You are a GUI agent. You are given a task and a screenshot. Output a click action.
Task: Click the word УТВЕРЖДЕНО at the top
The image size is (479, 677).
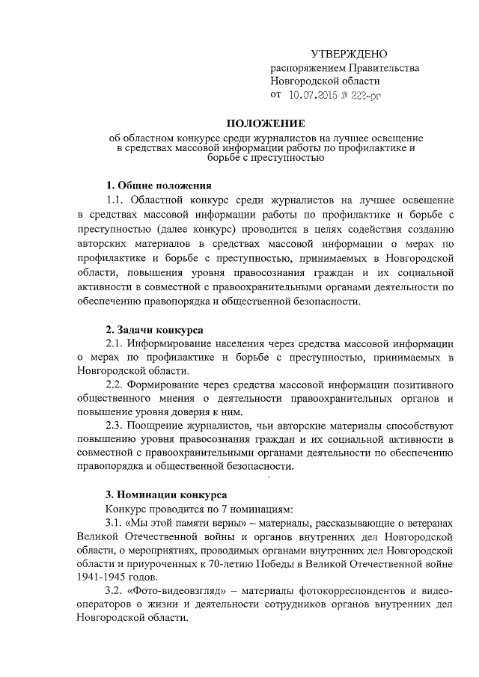350,54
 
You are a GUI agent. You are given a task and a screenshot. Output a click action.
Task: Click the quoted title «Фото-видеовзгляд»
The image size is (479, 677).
179,592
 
